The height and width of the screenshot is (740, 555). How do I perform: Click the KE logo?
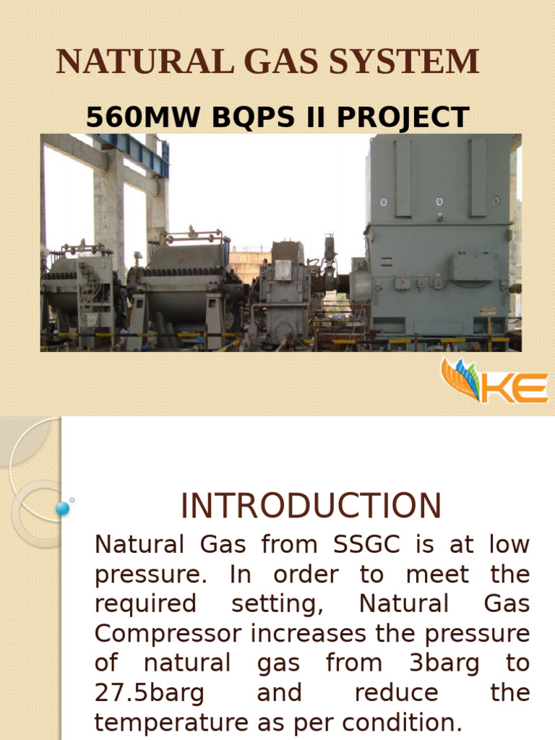coord(494,381)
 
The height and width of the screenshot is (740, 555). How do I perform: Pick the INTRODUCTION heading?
coord(311,506)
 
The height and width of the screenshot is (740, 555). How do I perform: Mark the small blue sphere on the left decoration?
coord(63,509)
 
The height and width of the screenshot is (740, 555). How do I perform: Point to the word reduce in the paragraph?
coord(396,693)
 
